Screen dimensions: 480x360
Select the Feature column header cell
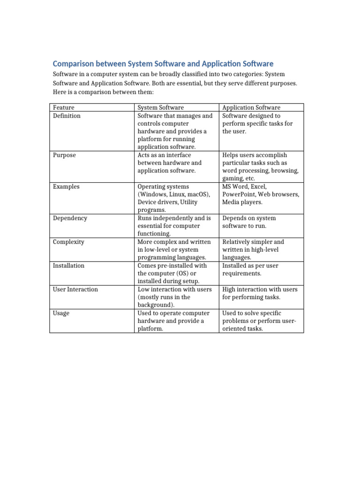tap(64, 108)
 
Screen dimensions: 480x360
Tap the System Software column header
tap(160, 108)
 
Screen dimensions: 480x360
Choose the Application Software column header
tap(251, 108)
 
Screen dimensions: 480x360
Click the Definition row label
tap(67, 116)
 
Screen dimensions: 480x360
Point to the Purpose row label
tap(64, 155)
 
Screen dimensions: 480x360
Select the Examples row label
tap(66, 187)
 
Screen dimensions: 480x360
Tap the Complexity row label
tap(68, 242)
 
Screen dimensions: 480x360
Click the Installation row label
tap(68, 265)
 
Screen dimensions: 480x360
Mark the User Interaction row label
tap(75, 289)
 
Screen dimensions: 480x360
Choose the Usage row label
tap(61, 313)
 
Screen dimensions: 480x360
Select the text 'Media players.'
tap(242, 202)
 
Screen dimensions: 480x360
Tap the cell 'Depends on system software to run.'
tap(249, 222)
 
